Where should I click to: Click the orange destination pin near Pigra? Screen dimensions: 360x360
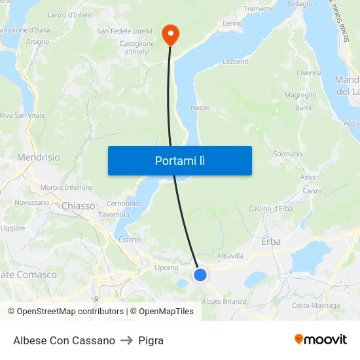point(170,34)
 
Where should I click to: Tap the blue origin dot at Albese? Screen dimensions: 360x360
point(200,275)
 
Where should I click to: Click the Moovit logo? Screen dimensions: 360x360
point(321,340)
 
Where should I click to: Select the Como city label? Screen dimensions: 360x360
point(130,240)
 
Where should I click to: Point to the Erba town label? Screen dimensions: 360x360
point(271,242)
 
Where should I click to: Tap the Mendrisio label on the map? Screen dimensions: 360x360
point(38,158)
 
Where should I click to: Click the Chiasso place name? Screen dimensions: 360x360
point(78,206)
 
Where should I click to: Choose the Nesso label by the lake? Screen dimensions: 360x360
point(200,107)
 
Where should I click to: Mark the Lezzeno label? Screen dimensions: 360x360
point(236,62)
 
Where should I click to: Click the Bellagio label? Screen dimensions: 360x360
point(299,4)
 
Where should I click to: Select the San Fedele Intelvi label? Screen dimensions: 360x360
point(124,31)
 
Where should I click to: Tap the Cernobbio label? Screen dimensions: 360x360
point(122,203)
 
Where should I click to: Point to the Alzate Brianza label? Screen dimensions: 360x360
point(225,302)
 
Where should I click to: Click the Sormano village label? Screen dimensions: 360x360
point(287,154)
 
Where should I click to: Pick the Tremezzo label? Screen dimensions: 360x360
point(259,9)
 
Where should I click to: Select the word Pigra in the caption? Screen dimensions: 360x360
point(151,340)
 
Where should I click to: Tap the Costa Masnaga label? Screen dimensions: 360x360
point(315,305)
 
